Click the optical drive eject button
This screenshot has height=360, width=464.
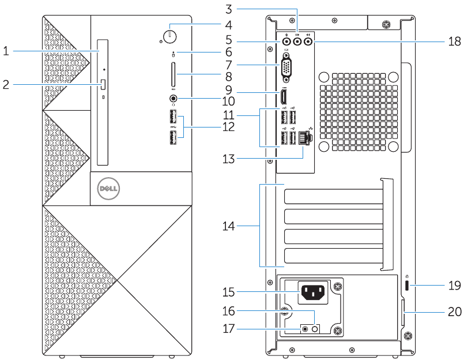pyautogui.click(x=103, y=85)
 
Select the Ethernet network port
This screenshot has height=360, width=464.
pyautogui.click(x=305, y=138)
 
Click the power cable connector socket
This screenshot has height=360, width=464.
pyautogui.click(x=312, y=294)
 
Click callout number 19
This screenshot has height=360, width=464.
pyautogui.click(x=454, y=284)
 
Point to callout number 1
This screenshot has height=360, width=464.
pyautogui.click(x=6, y=51)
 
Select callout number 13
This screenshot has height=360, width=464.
pyautogui.click(x=229, y=158)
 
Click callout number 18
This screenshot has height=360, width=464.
pyautogui.click(x=454, y=42)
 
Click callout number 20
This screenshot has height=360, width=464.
pyautogui.click(x=454, y=312)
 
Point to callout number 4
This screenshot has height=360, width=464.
pyautogui.click(x=229, y=25)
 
